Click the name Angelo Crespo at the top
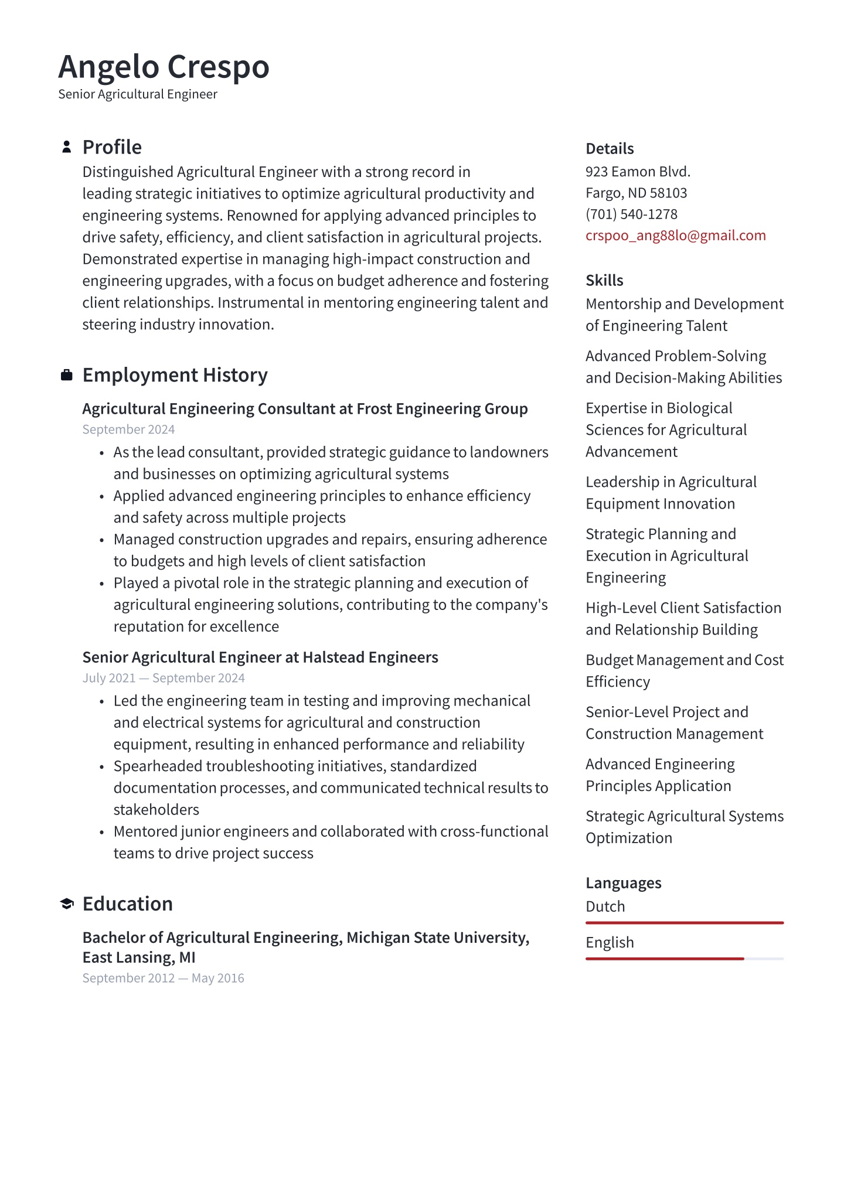click(164, 67)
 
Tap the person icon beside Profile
click(67, 146)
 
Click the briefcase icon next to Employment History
click(67, 375)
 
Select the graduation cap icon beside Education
click(67, 904)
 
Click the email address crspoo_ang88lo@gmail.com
click(675, 236)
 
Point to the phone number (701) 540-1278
click(631, 214)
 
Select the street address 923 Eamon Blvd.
click(638, 172)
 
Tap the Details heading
click(610, 149)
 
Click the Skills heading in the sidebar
click(604, 281)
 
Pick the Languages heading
click(623, 883)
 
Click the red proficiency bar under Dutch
click(684, 923)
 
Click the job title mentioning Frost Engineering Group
click(305, 409)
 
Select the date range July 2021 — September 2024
click(164, 678)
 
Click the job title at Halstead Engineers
click(260, 657)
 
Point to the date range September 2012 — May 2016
click(163, 978)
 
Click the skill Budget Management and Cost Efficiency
click(684, 671)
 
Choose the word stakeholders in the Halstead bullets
click(156, 810)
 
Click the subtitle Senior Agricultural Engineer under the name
click(138, 94)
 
